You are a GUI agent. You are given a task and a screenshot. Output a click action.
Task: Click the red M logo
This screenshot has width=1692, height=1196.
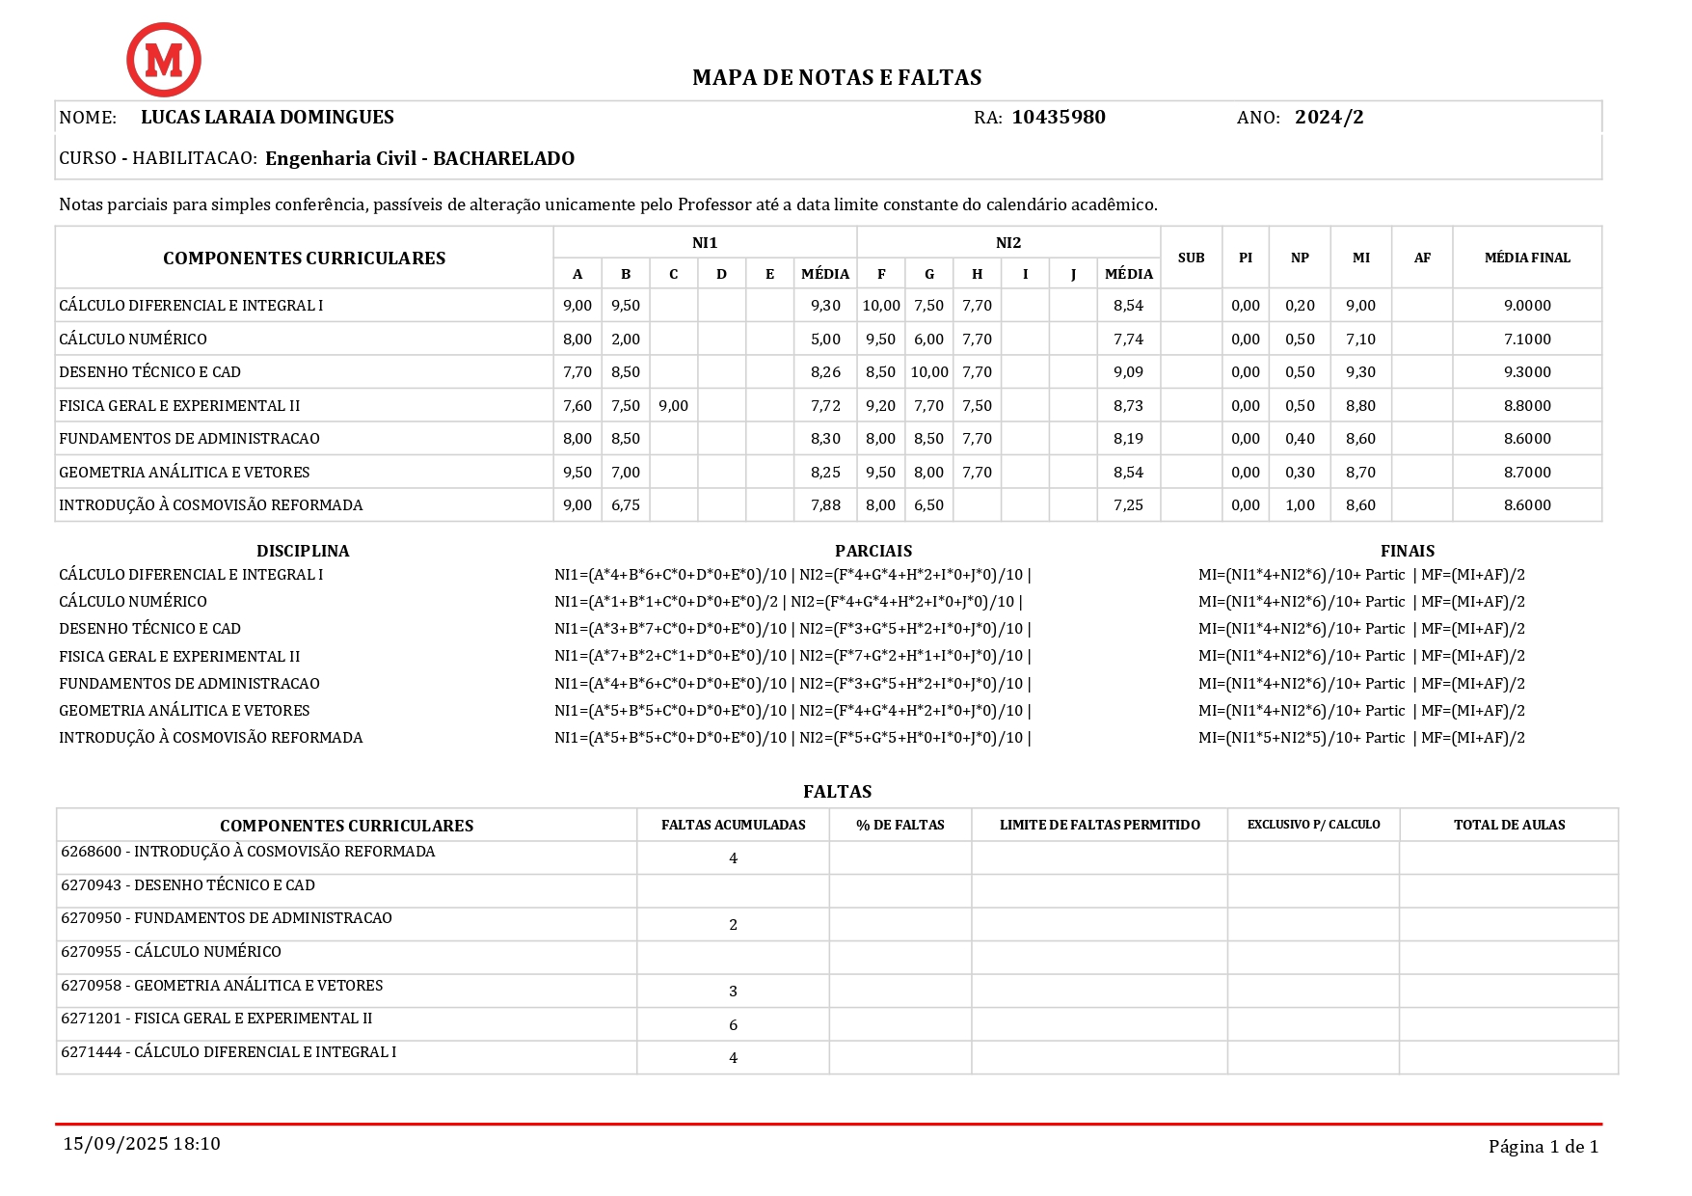tap(164, 60)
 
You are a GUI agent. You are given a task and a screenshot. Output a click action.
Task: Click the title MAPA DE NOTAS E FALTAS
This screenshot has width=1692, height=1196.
tap(837, 77)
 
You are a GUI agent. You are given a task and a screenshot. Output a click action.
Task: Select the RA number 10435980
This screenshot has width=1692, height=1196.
tap(1058, 118)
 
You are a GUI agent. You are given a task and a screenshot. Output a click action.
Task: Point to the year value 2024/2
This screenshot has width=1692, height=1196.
tap(1329, 118)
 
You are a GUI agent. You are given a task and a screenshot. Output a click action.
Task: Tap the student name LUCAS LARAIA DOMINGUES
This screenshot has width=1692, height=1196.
tap(267, 118)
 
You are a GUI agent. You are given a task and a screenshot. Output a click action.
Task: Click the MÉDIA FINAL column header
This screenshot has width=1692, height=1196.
tap(1526, 258)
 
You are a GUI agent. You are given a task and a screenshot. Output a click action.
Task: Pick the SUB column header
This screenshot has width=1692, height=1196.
tap(1191, 258)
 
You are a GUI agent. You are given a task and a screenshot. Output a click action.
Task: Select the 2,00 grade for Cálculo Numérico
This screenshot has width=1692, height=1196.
tap(626, 340)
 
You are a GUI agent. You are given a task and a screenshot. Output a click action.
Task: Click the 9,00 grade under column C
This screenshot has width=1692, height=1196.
tap(673, 406)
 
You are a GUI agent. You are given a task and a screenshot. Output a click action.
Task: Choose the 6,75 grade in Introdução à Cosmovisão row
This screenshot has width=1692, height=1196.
tap(626, 505)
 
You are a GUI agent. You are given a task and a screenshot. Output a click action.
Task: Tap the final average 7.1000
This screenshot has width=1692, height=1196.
tap(1527, 340)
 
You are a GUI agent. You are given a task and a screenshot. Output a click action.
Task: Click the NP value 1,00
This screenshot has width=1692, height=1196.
tap(1300, 505)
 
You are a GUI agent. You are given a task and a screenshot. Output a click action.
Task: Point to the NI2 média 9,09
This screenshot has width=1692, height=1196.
tap(1128, 372)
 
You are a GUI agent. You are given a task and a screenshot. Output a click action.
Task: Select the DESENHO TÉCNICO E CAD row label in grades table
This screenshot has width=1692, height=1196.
tap(149, 372)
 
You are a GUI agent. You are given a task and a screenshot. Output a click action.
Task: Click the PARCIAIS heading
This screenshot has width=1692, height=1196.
tap(873, 551)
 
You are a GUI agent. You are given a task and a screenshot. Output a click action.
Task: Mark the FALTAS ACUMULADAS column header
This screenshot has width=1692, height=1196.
tap(733, 825)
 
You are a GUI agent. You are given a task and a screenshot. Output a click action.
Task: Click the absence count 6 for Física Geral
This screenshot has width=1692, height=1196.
tap(733, 1025)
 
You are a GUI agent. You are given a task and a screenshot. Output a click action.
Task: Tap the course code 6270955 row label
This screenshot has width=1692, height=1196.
tap(171, 952)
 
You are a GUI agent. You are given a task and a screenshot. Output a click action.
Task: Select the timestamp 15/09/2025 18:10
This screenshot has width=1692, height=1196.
tap(142, 1144)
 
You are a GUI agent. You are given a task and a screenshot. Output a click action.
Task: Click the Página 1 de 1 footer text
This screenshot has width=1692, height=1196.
tap(1543, 1147)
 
